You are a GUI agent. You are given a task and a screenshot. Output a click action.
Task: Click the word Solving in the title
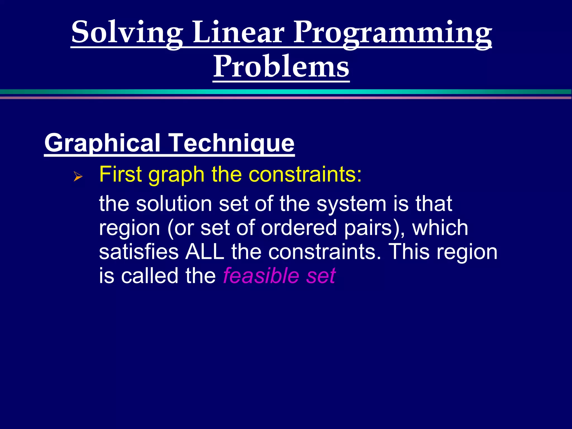coord(127,33)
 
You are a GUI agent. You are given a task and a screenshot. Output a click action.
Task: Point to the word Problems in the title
coord(281,67)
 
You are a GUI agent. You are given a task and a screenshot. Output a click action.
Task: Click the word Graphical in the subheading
coord(102,143)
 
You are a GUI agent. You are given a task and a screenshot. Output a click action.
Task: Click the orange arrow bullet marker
coord(78,177)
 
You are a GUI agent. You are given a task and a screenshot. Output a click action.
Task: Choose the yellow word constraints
coord(305,174)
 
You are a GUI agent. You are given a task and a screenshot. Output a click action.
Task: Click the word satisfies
coord(139,251)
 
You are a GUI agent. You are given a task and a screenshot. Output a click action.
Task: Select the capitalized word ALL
coord(205,251)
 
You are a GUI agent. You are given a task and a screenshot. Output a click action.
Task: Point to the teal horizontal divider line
coord(286,92)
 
